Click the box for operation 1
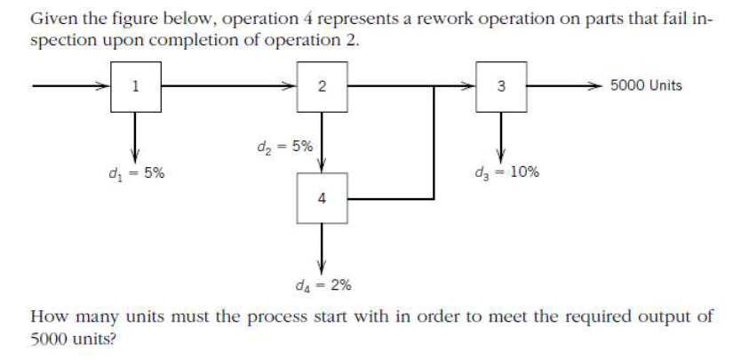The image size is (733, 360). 135,86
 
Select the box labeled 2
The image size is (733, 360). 321,86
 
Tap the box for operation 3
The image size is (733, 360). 501,86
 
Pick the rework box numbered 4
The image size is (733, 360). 321,198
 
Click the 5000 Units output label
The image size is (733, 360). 646,86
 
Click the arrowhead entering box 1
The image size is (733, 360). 104,86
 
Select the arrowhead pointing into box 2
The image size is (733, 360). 290,86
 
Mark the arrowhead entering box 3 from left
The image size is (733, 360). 470,86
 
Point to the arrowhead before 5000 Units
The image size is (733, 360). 601,86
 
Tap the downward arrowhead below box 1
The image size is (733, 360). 135,151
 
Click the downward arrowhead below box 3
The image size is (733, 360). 501,153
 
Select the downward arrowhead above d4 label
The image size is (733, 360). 321,268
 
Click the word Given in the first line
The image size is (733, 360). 52,19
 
